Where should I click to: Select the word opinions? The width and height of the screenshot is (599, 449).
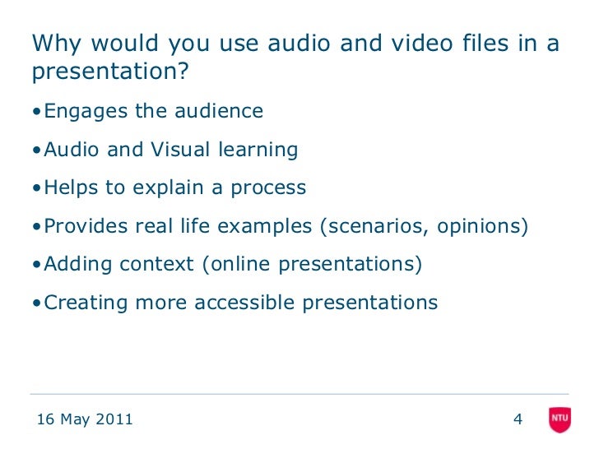[481, 227]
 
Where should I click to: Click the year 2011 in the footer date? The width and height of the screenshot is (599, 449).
[114, 420]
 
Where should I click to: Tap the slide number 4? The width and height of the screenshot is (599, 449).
[518, 420]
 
